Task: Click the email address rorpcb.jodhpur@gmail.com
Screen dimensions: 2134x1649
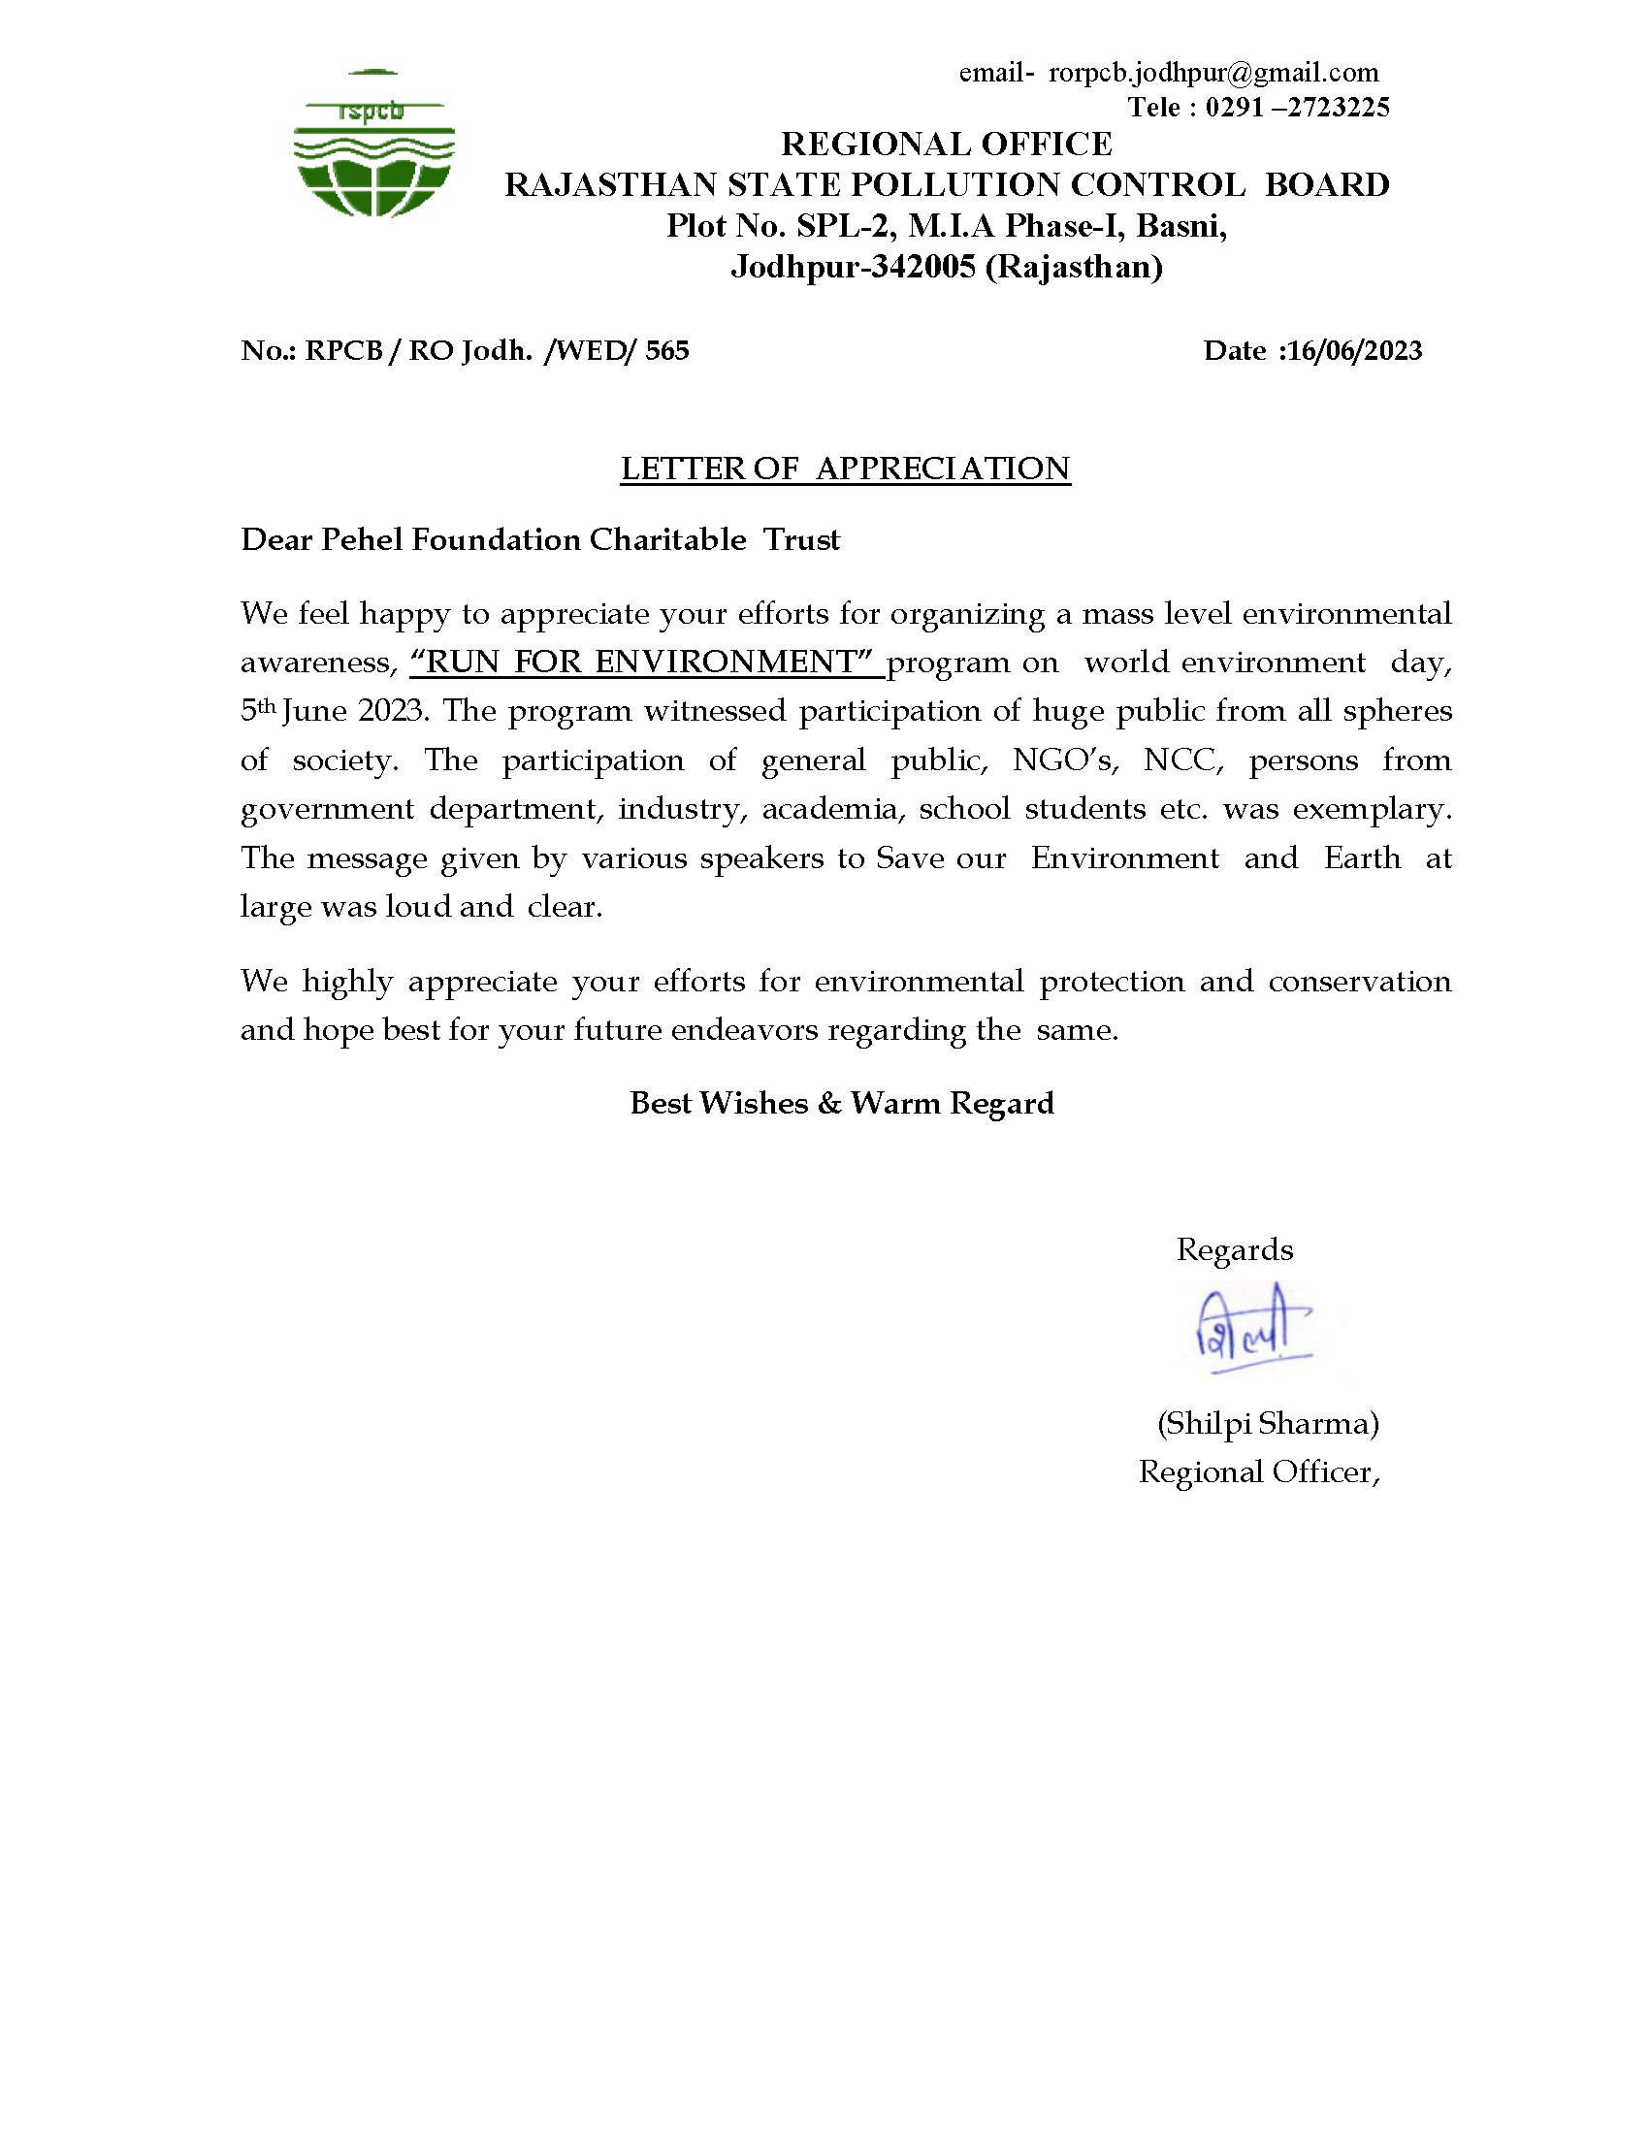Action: point(1213,74)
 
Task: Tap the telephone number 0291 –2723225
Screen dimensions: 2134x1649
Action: point(1296,108)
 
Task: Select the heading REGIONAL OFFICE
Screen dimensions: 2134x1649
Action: point(946,145)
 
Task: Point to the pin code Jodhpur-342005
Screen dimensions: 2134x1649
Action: point(853,267)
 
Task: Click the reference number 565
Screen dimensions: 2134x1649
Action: point(667,351)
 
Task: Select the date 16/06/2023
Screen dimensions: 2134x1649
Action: point(1355,351)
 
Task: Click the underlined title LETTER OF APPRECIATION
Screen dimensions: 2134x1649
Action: point(845,469)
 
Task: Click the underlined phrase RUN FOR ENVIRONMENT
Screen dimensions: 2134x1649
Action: point(642,663)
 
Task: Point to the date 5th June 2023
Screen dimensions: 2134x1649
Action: point(333,711)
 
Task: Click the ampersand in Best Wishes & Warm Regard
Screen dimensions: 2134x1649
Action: point(829,1103)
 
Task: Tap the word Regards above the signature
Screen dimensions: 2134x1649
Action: point(1234,1249)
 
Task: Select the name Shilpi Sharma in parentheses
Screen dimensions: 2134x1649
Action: point(1268,1424)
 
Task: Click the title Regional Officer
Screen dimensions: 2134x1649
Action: point(1258,1472)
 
